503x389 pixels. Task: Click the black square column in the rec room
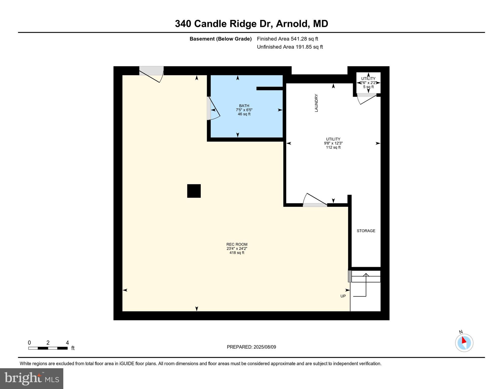pos(194,191)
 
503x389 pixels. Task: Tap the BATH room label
pos(244,106)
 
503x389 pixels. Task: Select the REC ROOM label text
pos(237,244)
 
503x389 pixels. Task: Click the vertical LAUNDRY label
pos(316,103)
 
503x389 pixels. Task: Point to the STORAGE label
pos(366,231)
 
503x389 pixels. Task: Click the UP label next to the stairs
pos(343,296)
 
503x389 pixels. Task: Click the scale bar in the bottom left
pos(48,348)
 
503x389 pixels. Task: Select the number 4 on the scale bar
pos(67,343)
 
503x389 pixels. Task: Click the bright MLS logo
pos(32,378)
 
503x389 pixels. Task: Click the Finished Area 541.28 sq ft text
pos(287,39)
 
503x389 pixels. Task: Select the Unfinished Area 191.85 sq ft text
pos(290,47)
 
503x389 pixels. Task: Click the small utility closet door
pos(367,98)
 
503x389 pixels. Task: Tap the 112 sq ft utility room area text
pos(333,147)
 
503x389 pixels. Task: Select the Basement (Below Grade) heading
pos(220,39)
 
